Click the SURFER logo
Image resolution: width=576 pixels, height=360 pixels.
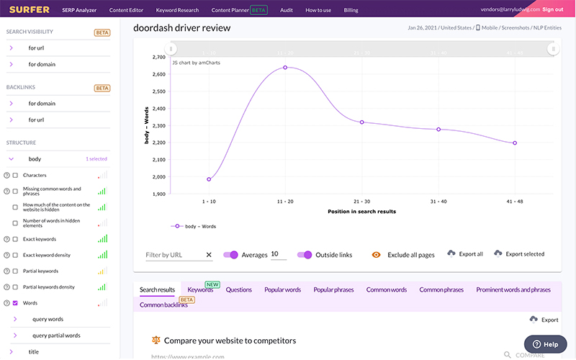(29, 10)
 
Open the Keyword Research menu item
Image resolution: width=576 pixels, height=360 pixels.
(177, 11)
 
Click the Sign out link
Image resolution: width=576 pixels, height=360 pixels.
(553, 10)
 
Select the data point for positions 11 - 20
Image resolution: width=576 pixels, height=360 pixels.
(285, 68)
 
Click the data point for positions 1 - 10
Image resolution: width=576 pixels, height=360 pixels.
(209, 179)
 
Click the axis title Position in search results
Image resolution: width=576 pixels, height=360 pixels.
(362, 211)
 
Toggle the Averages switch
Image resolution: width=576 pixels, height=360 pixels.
(231, 255)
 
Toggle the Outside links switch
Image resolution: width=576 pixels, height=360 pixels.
(304, 255)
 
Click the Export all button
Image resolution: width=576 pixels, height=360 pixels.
(465, 254)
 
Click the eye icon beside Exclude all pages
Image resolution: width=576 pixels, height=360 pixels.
(376, 255)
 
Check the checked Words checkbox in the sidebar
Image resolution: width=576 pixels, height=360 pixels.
(15, 303)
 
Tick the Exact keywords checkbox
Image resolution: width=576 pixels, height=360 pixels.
(15, 239)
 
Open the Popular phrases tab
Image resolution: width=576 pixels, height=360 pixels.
(333, 289)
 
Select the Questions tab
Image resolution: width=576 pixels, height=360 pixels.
(238, 289)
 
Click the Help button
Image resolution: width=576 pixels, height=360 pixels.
(545, 344)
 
